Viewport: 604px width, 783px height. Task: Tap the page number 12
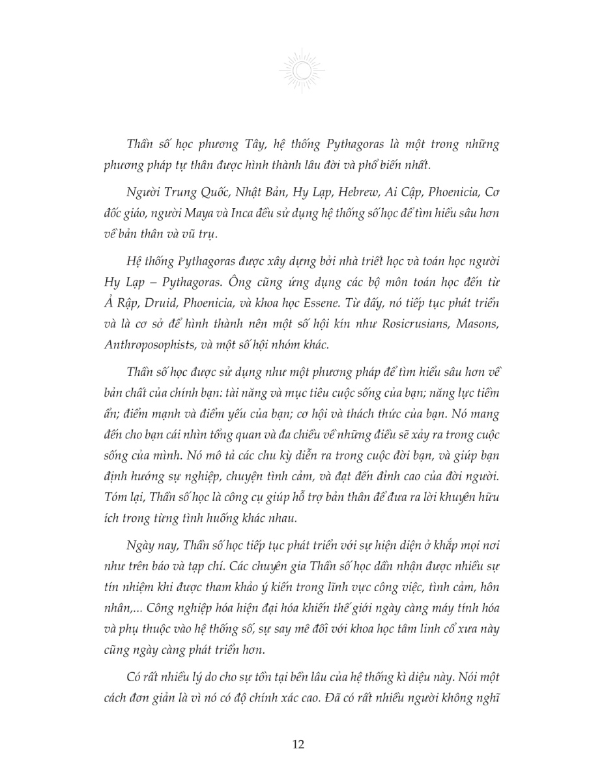pos(302,744)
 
